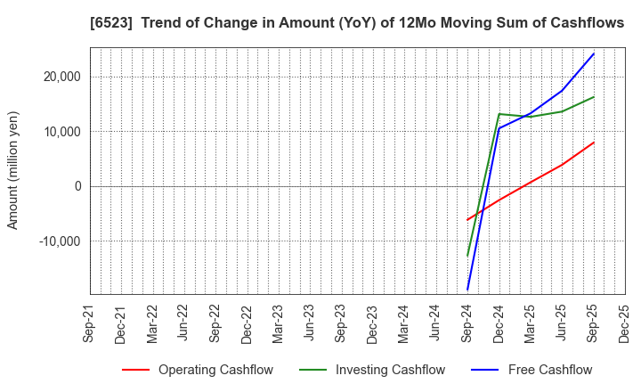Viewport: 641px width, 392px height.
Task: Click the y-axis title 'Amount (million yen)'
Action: [x=13, y=170]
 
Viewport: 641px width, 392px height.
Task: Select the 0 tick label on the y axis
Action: [x=77, y=186]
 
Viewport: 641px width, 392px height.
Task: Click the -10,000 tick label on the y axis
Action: [x=58, y=241]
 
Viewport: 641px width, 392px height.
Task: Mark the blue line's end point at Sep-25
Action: [x=594, y=53]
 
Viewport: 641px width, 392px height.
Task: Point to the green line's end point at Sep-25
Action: [x=594, y=97]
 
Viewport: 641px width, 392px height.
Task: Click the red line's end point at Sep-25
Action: [x=594, y=143]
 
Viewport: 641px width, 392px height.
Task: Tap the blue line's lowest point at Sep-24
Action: [x=467, y=290]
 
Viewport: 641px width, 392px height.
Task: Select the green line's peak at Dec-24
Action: [x=499, y=114]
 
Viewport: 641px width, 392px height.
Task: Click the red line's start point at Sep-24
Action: [x=467, y=220]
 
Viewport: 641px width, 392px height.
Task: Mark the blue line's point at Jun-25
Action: [x=562, y=90]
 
